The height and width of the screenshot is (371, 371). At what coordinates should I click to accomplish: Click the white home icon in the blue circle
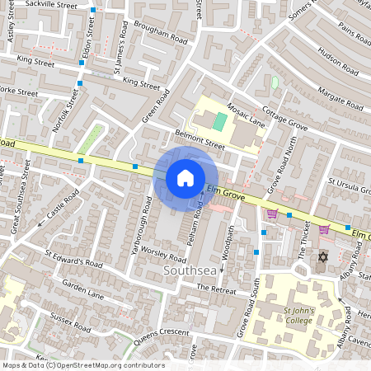pos(185,177)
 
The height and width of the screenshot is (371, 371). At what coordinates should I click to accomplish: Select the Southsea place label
pos(192,270)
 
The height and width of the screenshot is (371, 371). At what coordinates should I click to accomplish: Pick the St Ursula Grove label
pos(349,186)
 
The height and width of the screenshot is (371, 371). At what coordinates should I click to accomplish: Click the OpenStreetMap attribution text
pos(82,365)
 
